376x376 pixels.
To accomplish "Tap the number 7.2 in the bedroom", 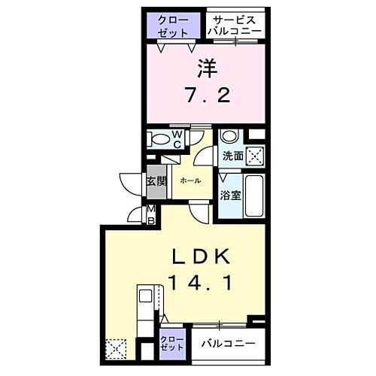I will click(205, 96).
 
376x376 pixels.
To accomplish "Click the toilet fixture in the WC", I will click(159, 139).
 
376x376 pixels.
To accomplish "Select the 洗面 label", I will click(232, 156).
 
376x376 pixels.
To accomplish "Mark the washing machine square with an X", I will click(256, 156).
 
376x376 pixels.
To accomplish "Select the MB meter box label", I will click(150, 214).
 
